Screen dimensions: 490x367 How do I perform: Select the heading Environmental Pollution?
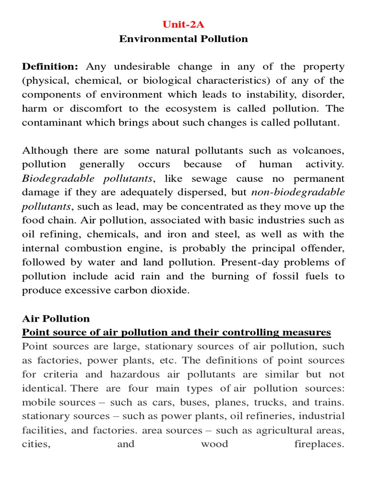click(183, 39)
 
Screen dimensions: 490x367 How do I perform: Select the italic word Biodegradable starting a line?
click(52, 178)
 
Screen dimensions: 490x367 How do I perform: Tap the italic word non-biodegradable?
click(298, 192)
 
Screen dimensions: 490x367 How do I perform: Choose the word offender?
click(321, 248)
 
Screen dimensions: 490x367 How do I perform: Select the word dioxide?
click(169, 290)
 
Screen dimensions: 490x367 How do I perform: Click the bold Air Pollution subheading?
click(56, 318)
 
